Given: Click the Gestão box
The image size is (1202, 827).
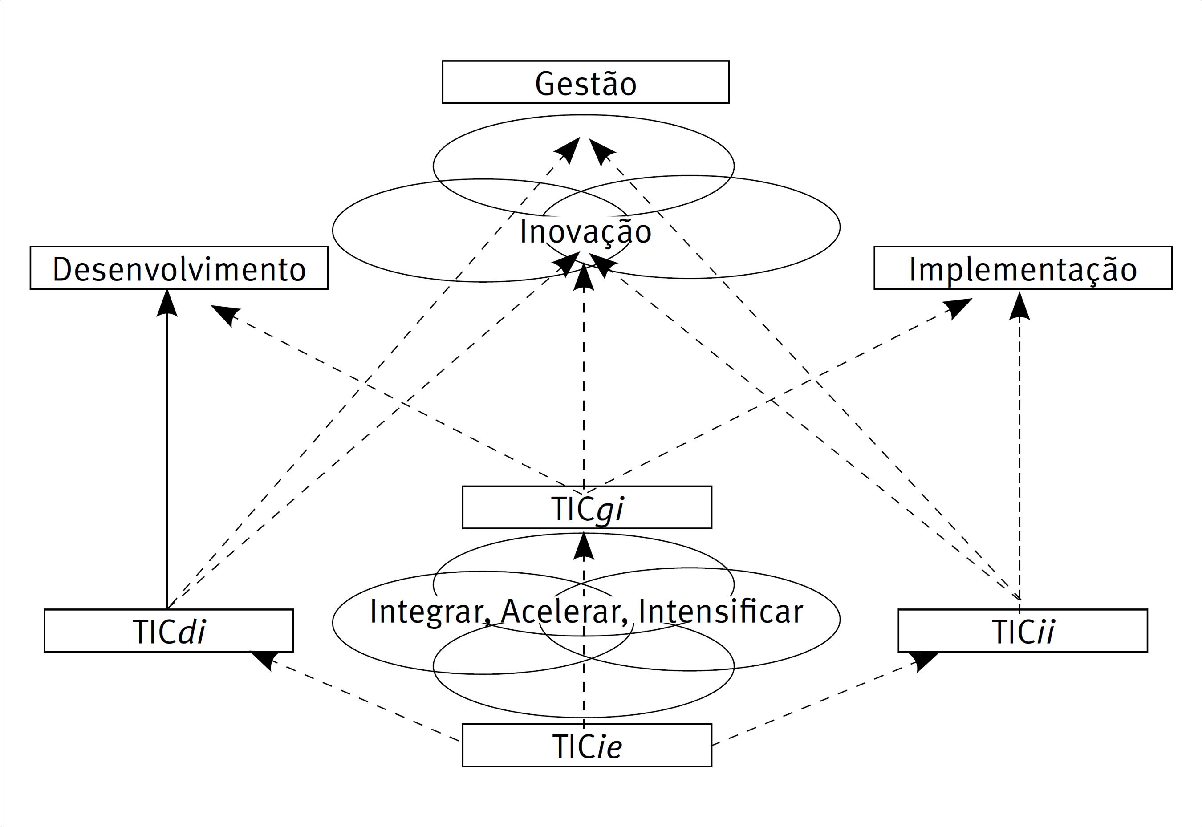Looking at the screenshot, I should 585,82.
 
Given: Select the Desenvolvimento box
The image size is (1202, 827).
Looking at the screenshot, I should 179,268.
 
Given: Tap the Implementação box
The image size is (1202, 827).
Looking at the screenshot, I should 1023,268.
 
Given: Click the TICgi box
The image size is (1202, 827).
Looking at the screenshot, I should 586,508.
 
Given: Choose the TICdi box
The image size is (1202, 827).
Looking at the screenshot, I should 168,631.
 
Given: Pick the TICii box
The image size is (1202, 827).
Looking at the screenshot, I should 1022,631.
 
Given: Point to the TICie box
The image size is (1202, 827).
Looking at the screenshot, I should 586,745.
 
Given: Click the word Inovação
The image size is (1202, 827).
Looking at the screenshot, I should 585,231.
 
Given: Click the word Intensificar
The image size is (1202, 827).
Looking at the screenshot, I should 720,611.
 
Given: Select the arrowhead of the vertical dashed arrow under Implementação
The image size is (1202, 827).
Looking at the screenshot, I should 1019,307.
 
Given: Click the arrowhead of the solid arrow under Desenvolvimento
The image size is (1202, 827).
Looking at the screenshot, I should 167,304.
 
